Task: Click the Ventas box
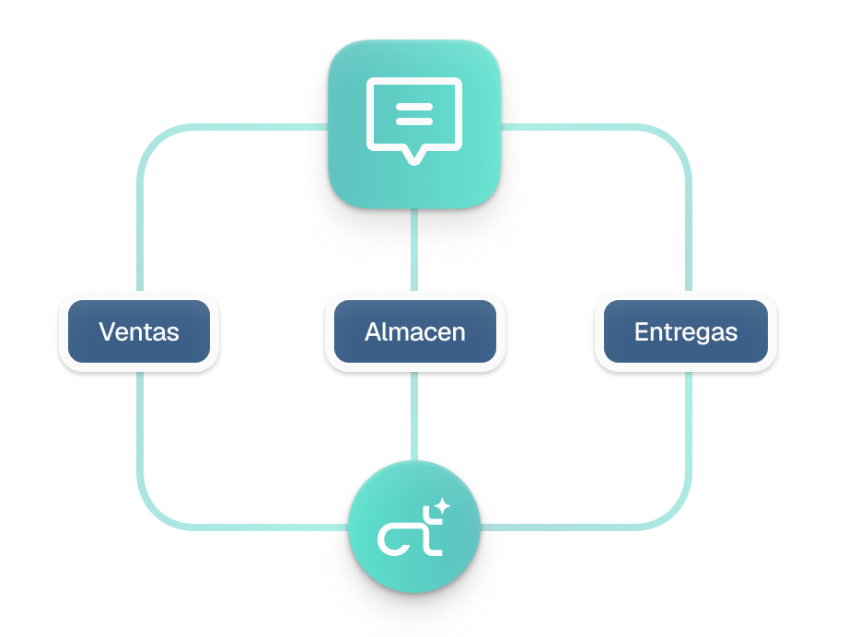click(139, 331)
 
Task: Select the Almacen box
click(414, 331)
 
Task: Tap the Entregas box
click(686, 331)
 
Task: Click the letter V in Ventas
click(108, 331)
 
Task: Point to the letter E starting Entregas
click(641, 331)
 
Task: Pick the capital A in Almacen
click(374, 331)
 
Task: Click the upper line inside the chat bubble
click(413, 108)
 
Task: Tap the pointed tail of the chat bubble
click(413, 157)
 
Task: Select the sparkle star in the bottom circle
click(442, 505)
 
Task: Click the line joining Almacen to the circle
click(414, 414)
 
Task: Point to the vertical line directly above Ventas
click(140, 230)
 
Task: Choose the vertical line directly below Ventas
click(140, 433)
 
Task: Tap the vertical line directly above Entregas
click(688, 230)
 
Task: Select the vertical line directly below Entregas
click(688, 433)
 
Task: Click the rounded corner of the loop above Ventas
click(152, 139)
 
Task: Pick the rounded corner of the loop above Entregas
click(676, 139)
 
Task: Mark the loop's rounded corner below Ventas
click(152, 515)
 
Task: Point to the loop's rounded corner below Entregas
click(676, 515)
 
